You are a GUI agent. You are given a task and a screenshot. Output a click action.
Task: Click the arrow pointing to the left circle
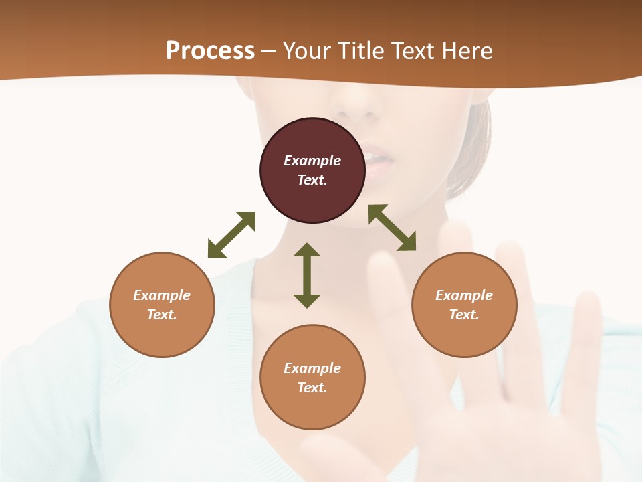231,235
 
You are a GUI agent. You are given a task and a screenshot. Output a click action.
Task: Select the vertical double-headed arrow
307,275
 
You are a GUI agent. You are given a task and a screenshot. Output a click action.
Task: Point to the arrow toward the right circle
393,228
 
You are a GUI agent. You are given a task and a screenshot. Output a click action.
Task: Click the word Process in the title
210,50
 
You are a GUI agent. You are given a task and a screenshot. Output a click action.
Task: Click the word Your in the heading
308,50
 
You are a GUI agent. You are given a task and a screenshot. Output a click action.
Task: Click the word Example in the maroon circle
312,161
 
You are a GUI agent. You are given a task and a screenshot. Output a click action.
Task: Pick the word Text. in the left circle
162,315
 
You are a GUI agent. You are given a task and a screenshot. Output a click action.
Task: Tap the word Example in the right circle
464,295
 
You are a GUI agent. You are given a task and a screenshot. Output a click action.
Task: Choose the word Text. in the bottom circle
312,388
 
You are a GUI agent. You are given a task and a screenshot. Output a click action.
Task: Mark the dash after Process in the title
269,51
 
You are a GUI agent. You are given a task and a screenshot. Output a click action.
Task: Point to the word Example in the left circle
162,295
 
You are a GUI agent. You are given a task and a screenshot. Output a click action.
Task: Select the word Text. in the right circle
464,315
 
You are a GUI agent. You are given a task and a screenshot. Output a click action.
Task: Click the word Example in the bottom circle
312,368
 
